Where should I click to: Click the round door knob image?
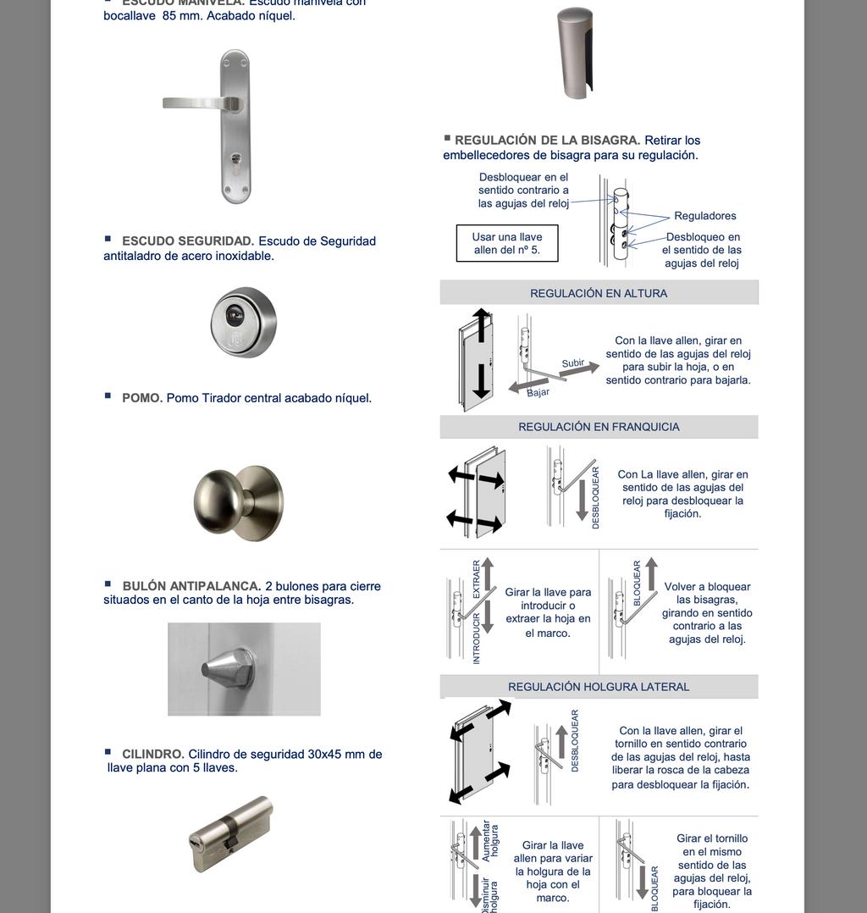[x=238, y=502]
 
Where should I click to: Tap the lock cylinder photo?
[x=230, y=833]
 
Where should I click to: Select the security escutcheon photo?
[x=243, y=322]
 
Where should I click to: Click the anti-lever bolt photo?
[x=244, y=669]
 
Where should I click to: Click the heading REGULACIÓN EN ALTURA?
[x=599, y=293]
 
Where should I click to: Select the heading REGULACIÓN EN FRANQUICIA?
[x=599, y=427]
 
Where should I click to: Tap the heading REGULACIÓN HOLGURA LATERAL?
[x=599, y=687]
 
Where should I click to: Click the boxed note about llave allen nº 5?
[x=507, y=243]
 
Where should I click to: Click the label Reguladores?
[x=705, y=216]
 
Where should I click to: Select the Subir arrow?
[x=577, y=365]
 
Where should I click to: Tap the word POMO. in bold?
[x=142, y=398]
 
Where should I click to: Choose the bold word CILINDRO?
[x=153, y=754]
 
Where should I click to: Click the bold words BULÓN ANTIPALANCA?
[x=191, y=586]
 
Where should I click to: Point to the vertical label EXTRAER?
[x=477, y=579]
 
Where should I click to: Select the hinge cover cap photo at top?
[x=576, y=53]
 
